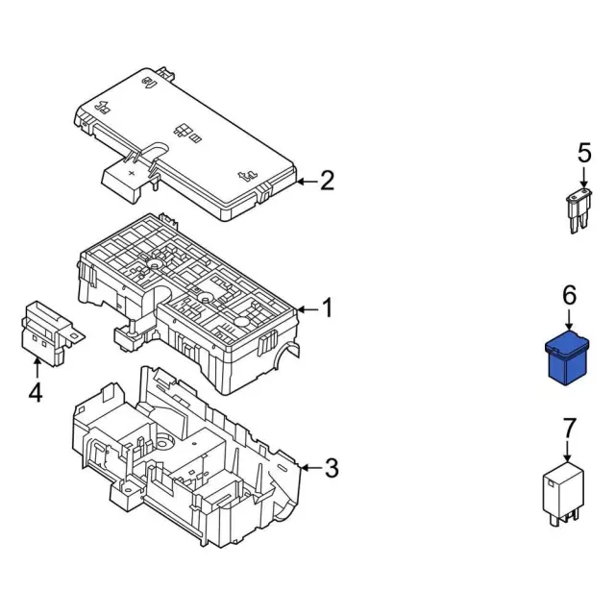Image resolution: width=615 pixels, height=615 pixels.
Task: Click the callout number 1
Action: pyautogui.click(x=327, y=309)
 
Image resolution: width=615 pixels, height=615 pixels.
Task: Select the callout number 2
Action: pyautogui.click(x=327, y=181)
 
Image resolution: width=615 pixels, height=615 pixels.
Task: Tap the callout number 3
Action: pyautogui.click(x=332, y=469)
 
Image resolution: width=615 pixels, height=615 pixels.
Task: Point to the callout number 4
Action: pyautogui.click(x=36, y=393)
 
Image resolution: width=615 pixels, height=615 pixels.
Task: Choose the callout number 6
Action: pyautogui.click(x=569, y=297)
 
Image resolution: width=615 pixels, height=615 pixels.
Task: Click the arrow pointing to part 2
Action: pyautogui.click(x=306, y=181)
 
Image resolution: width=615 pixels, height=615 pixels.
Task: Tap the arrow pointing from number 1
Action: pyautogui.click(x=306, y=309)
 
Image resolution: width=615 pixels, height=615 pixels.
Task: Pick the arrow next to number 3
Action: pyautogui.click(x=309, y=469)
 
